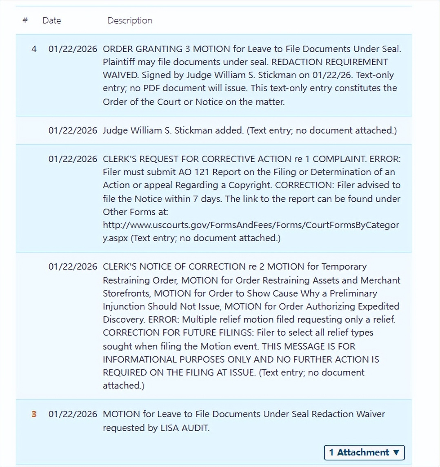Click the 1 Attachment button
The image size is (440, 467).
pos(364,452)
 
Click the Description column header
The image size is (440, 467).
pos(129,20)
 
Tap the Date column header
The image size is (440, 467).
pos(51,20)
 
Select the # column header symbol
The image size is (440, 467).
pos(25,20)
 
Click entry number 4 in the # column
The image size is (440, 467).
pos(34,49)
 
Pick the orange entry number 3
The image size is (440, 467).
pos(34,414)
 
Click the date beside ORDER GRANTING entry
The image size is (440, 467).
pos(73,49)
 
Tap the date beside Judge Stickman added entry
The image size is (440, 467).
pos(73,130)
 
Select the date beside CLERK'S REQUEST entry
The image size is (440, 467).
pos(73,159)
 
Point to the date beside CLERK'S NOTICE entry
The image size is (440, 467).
pos(73,267)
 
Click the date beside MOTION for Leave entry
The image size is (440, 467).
pos(73,414)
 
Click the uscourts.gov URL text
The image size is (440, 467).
pos(251,225)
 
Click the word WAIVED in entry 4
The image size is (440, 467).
pos(119,75)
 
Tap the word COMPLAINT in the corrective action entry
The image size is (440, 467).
pos(340,159)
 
